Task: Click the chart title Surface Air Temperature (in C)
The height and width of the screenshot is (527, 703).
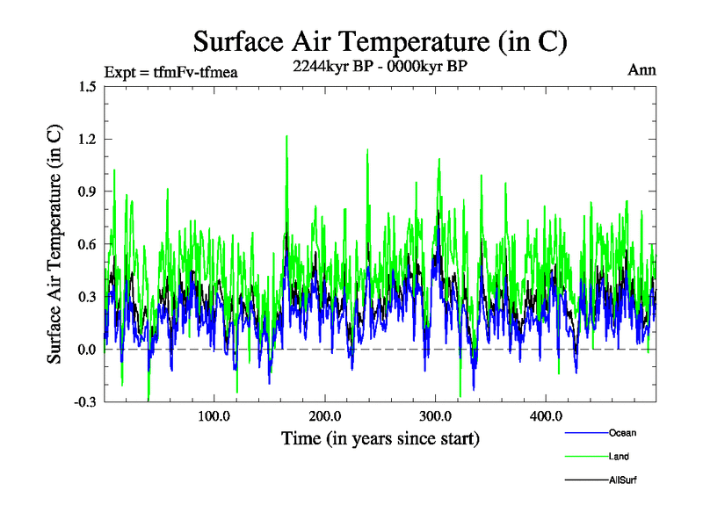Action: pos(380,41)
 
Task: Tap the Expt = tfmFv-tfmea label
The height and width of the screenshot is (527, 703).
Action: pos(170,71)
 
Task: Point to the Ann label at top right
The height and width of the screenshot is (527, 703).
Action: pos(642,70)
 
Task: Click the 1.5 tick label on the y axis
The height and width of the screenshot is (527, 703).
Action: pos(87,86)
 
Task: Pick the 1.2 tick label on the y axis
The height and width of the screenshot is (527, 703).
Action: pos(87,139)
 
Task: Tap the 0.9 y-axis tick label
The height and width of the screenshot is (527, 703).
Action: pos(87,191)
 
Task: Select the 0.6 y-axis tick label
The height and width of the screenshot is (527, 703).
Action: pos(87,244)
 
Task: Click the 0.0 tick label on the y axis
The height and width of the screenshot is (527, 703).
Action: pos(87,350)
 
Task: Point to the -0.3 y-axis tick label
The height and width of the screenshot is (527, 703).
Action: pos(85,401)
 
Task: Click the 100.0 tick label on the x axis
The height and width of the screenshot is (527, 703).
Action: pos(214,415)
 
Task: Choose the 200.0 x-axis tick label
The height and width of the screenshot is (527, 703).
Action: pos(325,415)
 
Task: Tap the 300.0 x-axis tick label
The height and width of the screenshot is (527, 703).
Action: pos(436,415)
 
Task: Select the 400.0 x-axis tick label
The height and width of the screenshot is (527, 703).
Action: pos(546,415)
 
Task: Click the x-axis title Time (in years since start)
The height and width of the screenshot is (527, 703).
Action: pos(380,437)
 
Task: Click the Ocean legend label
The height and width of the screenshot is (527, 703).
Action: pos(622,432)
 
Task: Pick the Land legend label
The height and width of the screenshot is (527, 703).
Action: pos(619,456)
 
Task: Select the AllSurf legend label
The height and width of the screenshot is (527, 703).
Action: pos(622,480)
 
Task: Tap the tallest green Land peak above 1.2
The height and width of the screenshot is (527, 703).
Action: pos(286,137)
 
